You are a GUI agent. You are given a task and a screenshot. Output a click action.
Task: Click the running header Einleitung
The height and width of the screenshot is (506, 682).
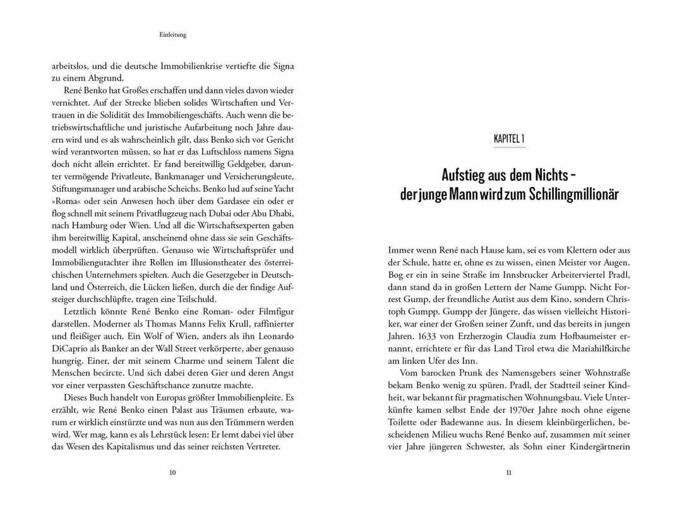(x=173, y=35)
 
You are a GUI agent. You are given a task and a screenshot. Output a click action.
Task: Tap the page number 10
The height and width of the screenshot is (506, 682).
(x=173, y=472)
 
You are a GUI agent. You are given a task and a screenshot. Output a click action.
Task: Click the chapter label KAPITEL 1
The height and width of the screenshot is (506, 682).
(x=509, y=138)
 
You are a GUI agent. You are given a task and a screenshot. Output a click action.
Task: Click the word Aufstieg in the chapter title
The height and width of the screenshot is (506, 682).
(x=466, y=173)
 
